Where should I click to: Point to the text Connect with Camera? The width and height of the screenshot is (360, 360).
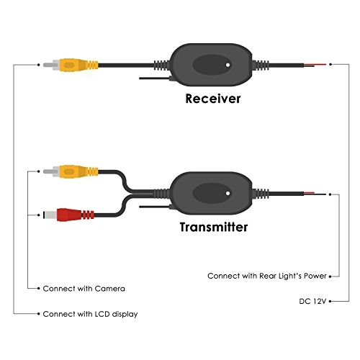click(x=84, y=288)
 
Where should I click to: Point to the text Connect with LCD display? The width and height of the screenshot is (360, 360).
click(x=90, y=315)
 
